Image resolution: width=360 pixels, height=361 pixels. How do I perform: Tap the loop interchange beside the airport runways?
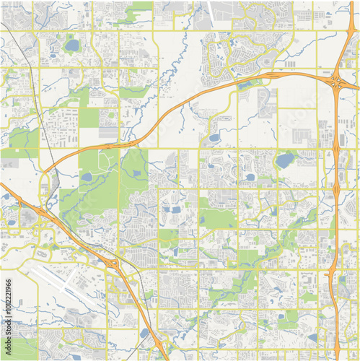[x=113, y=265]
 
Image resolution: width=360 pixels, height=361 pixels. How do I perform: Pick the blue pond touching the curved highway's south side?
[x=214, y=137]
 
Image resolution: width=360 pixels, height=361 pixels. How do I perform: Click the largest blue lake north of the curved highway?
[x=71, y=45]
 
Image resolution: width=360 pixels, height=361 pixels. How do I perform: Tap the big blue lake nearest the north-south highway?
[x=284, y=159]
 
